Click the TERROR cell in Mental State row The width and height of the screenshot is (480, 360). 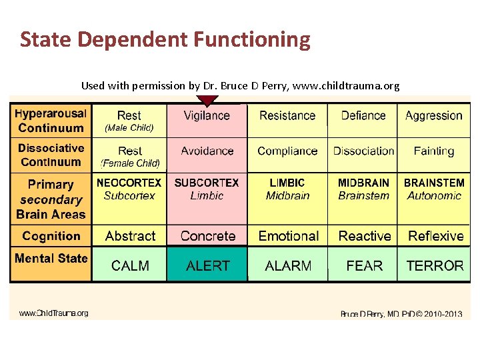click(x=435, y=265)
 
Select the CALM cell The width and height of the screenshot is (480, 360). click(x=130, y=265)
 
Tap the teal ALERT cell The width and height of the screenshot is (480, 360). click(x=207, y=265)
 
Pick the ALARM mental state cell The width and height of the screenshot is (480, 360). click(x=288, y=265)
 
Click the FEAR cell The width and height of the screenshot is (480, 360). click(x=364, y=265)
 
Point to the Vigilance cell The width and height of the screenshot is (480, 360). click(x=207, y=116)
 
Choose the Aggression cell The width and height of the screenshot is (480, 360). click(x=434, y=116)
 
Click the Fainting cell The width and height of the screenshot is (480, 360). click(x=434, y=151)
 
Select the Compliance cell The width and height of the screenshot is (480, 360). click(x=288, y=151)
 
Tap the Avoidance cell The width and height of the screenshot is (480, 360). click(x=207, y=151)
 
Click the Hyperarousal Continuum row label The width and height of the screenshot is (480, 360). click(x=51, y=121)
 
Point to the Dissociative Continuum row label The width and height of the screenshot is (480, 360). click(x=51, y=155)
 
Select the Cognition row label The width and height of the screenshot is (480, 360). click(x=51, y=236)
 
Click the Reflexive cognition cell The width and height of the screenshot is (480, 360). click(x=435, y=236)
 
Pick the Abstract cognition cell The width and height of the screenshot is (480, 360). click(x=130, y=236)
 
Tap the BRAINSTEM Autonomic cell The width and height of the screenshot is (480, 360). click(x=434, y=189)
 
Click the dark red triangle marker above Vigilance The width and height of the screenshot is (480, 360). click(x=207, y=101)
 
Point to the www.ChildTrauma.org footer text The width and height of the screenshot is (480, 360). click(x=53, y=313)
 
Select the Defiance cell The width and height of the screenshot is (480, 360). click(x=363, y=116)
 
